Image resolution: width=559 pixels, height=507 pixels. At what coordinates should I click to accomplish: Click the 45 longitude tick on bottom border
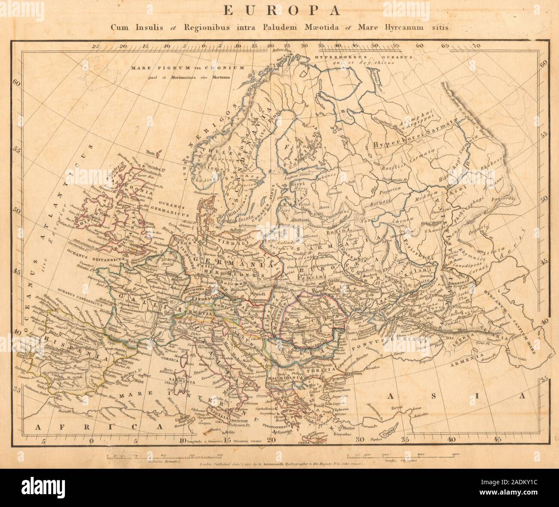click(497, 440)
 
